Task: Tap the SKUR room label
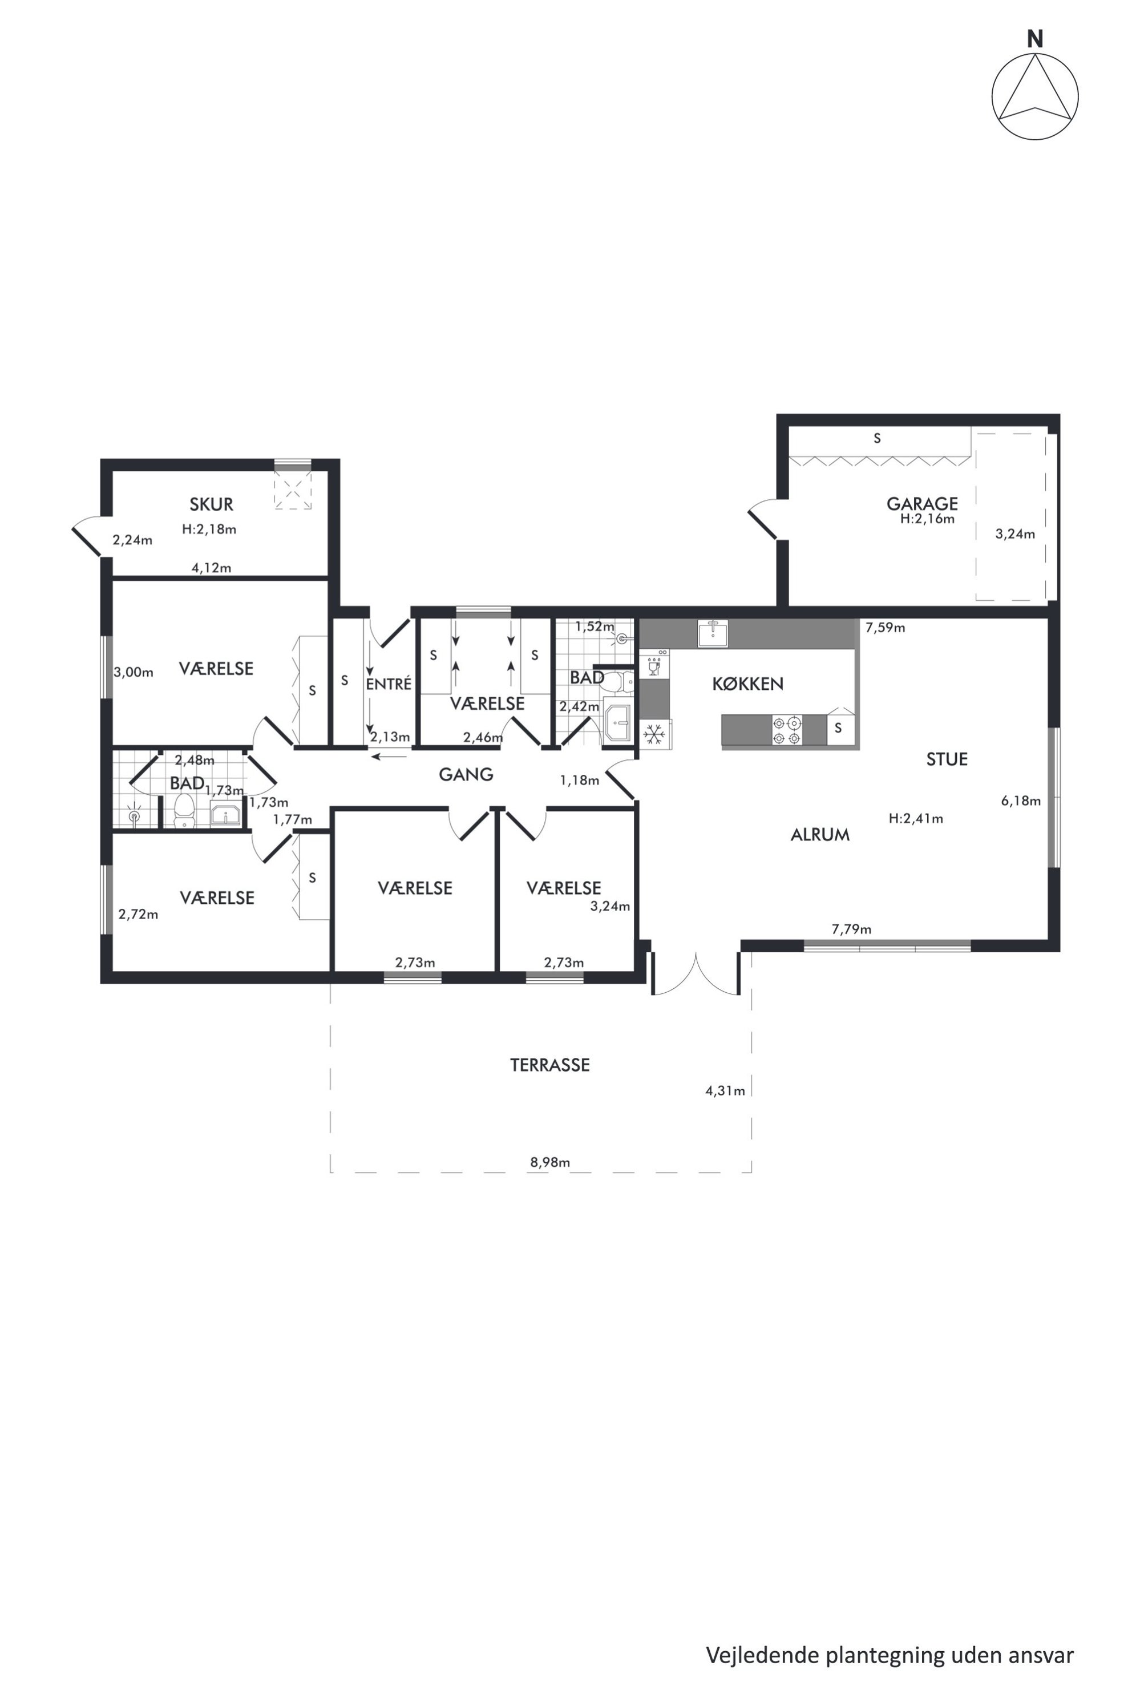coord(212,504)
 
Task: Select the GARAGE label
coord(922,503)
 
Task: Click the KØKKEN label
coord(748,684)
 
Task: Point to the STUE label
coord(947,759)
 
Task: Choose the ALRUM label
coord(820,835)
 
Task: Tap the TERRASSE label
coord(550,1065)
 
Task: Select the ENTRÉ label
coord(389,684)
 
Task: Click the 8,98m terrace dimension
coord(550,1162)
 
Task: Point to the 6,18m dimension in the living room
coord(1021,800)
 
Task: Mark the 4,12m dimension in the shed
coord(212,568)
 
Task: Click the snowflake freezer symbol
coord(654,734)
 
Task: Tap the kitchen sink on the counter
coord(713,633)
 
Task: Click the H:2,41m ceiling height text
coord(916,819)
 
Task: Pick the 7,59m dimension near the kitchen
coord(885,628)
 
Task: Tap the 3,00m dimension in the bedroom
coord(134,672)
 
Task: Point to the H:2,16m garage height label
coord(928,518)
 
